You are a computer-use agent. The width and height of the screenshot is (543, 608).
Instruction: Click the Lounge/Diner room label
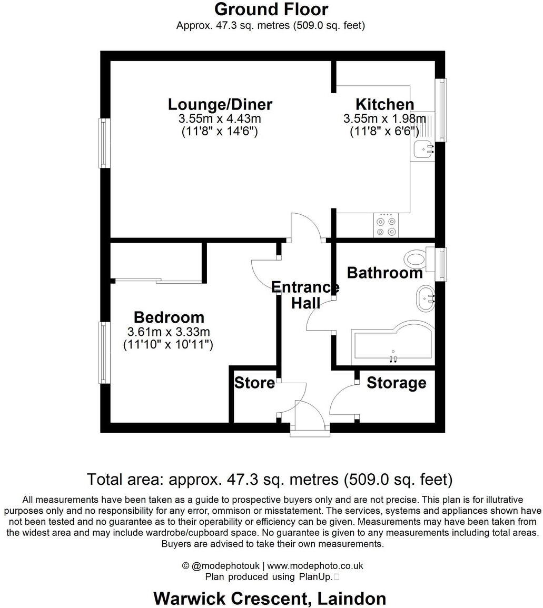(x=220, y=104)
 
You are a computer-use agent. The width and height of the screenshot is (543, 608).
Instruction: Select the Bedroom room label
(x=169, y=317)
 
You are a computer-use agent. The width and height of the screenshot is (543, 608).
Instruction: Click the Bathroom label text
(x=384, y=273)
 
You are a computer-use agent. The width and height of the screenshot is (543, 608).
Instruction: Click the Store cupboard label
(x=254, y=383)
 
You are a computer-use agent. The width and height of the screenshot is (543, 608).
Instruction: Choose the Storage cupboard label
(x=396, y=383)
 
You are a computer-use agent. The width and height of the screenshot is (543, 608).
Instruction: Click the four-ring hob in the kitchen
(x=386, y=226)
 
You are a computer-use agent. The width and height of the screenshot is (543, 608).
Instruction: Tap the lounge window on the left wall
(x=105, y=143)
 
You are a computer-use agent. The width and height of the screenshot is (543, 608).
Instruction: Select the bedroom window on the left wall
(x=105, y=352)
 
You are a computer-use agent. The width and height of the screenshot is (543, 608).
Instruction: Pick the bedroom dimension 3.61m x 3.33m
(x=169, y=332)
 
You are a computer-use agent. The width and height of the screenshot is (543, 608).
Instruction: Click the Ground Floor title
(x=271, y=9)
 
